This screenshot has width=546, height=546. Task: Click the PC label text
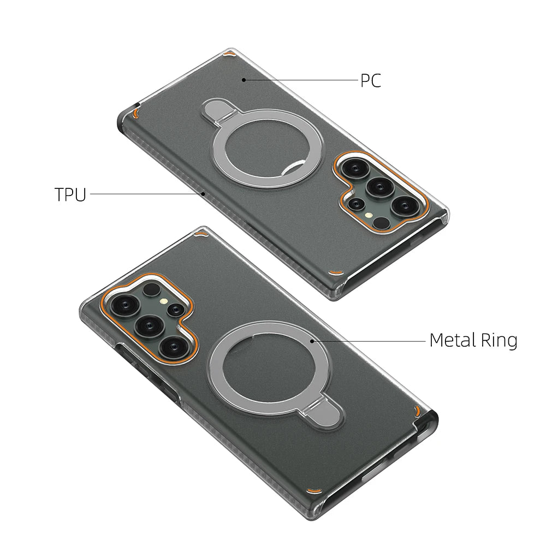[370, 81]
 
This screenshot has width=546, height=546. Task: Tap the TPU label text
[70, 195]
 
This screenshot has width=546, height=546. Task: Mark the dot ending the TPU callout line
[203, 193]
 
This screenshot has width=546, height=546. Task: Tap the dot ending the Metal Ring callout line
[312, 340]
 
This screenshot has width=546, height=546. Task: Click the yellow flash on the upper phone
[371, 216]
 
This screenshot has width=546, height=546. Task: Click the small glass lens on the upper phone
[357, 204]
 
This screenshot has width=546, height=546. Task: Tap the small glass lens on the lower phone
[175, 310]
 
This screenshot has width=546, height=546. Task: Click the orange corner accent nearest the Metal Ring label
[418, 410]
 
